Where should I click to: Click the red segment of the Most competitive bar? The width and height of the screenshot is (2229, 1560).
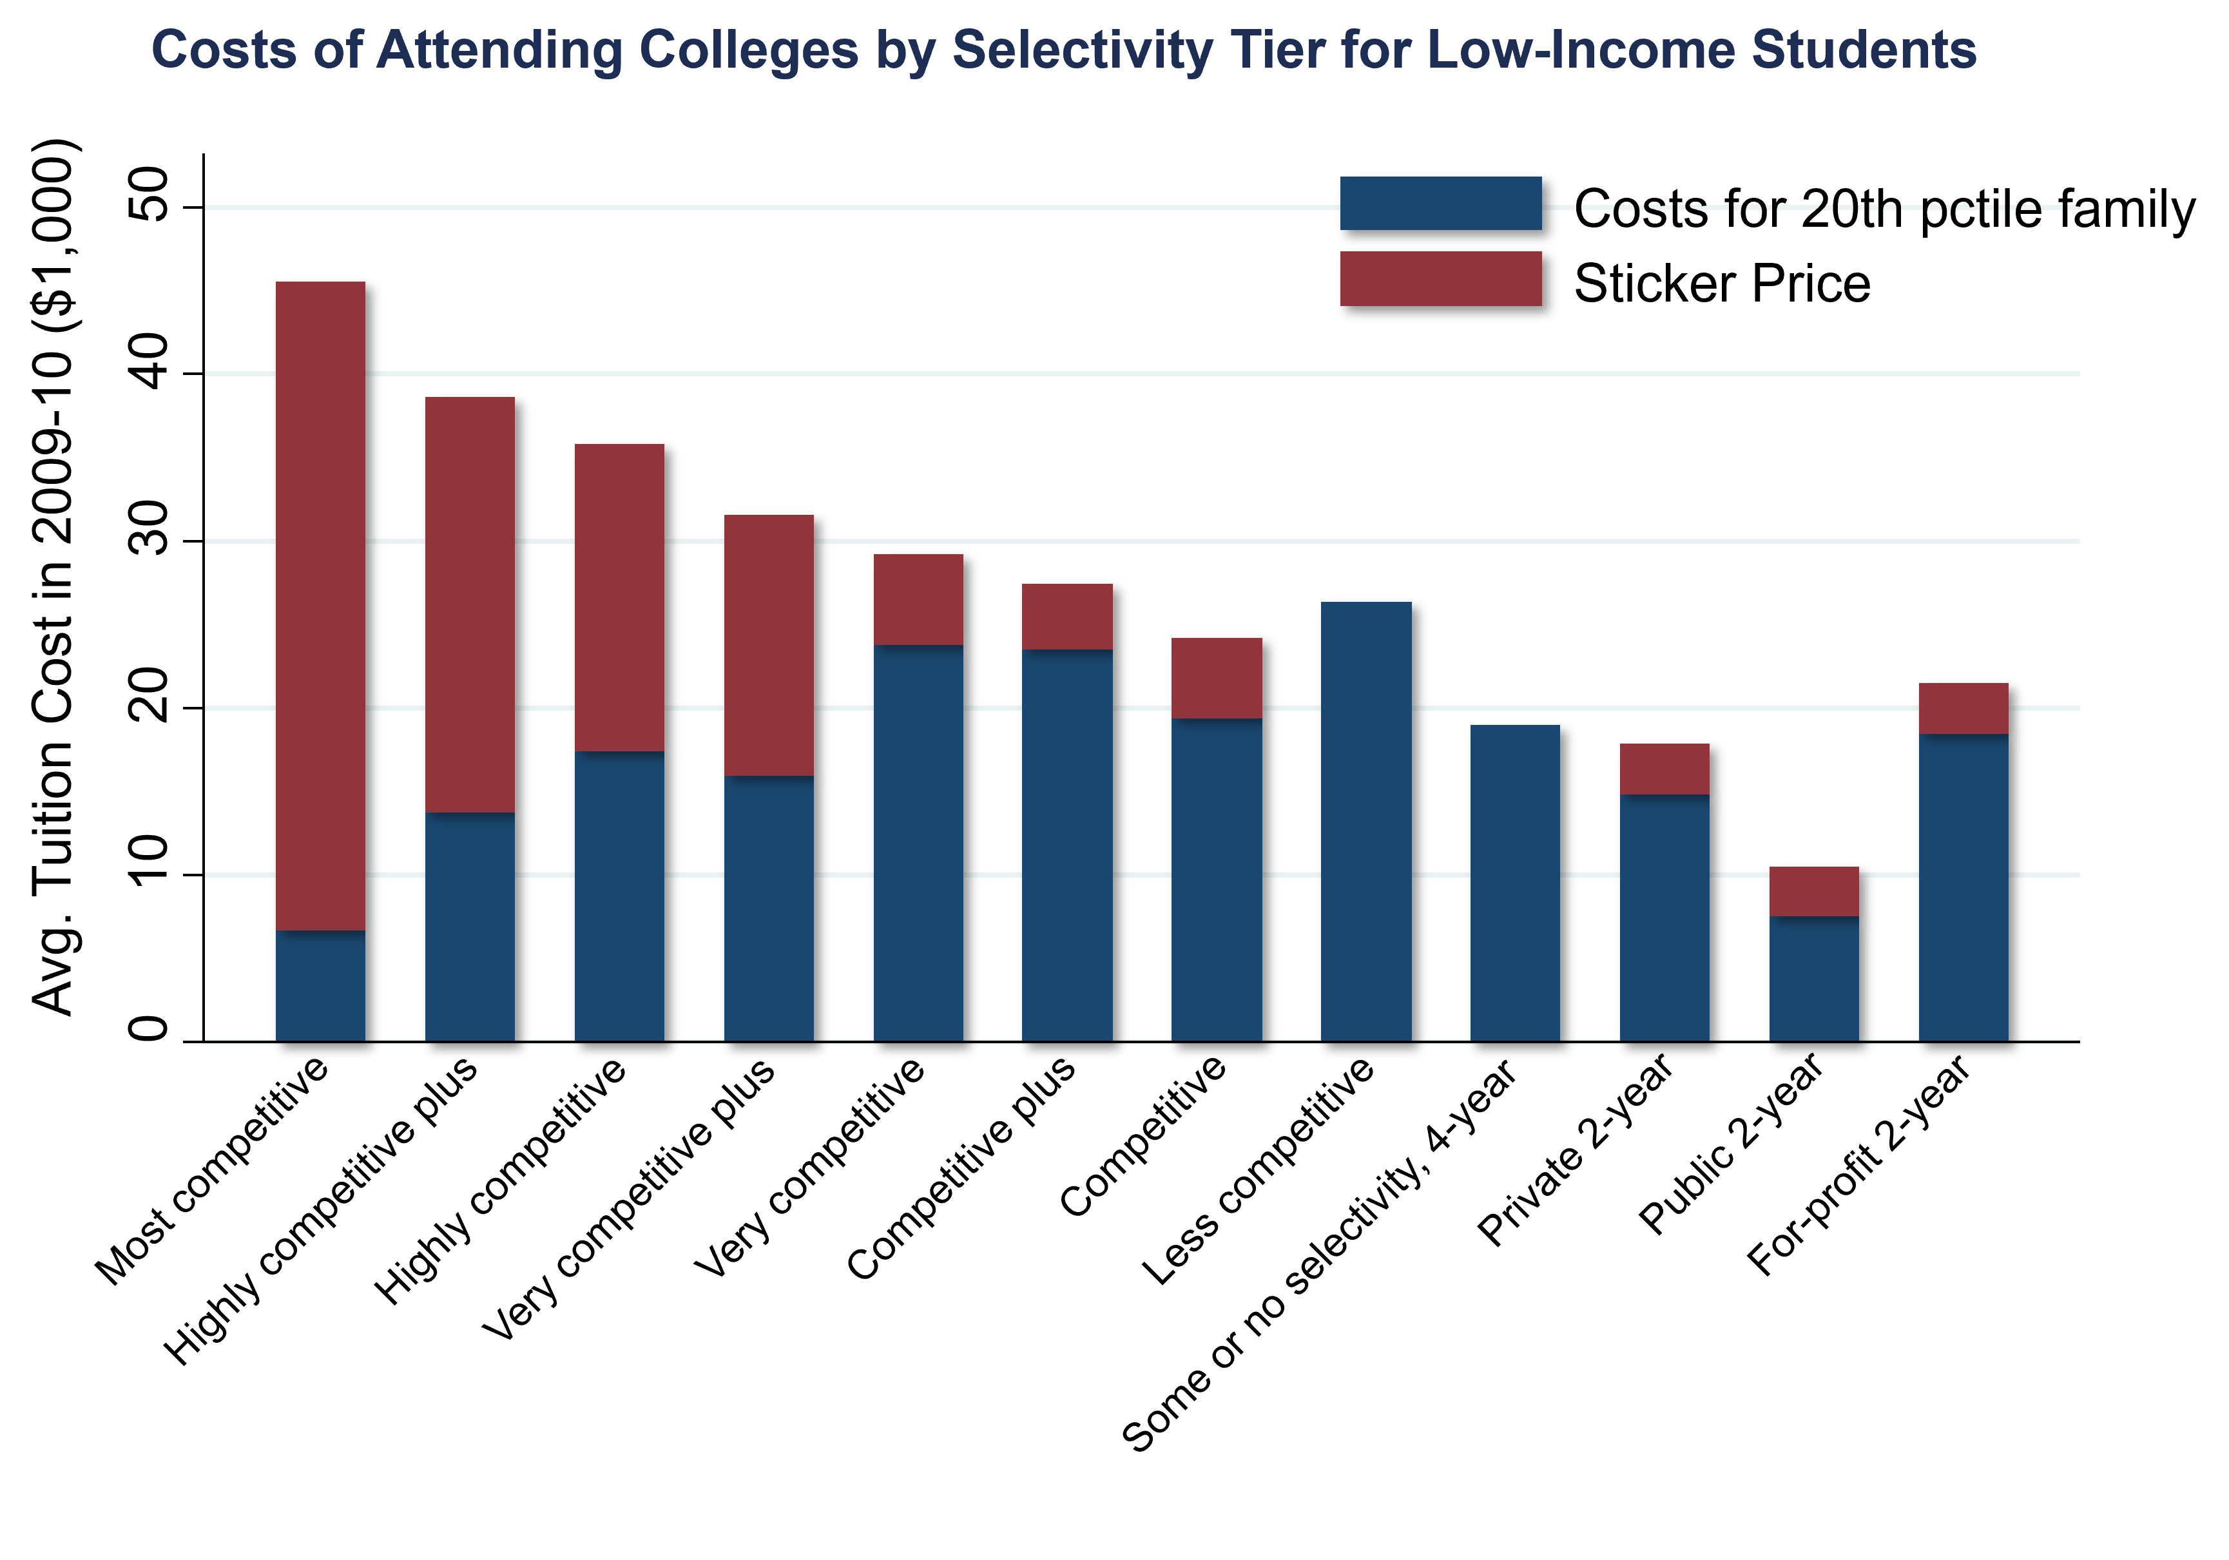[x=320, y=602]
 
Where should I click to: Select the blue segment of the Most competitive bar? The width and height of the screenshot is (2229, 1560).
[x=320, y=985]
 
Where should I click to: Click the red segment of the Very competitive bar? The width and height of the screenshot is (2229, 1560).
[x=918, y=599]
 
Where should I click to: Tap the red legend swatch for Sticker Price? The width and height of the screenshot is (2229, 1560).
[x=1440, y=278]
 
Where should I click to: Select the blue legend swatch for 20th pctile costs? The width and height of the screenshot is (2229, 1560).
[x=1440, y=203]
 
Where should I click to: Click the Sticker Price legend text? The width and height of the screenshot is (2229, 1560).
[x=1721, y=284]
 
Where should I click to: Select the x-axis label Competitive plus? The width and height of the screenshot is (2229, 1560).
[x=961, y=1167]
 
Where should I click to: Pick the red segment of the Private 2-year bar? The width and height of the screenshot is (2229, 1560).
[x=1664, y=769]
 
